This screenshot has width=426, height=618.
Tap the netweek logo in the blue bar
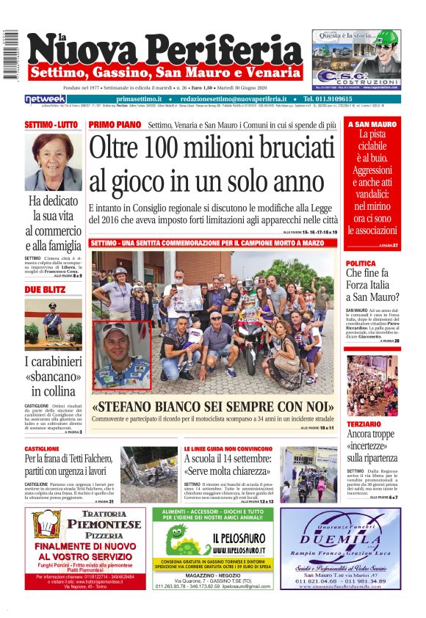coord(46,99)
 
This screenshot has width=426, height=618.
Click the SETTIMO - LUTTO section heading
coord(51,125)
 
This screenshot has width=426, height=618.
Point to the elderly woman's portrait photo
coord(53,161)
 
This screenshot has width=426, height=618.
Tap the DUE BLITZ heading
coord(43,290)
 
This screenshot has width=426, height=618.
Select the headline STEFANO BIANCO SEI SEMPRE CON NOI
coord(212,407)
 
